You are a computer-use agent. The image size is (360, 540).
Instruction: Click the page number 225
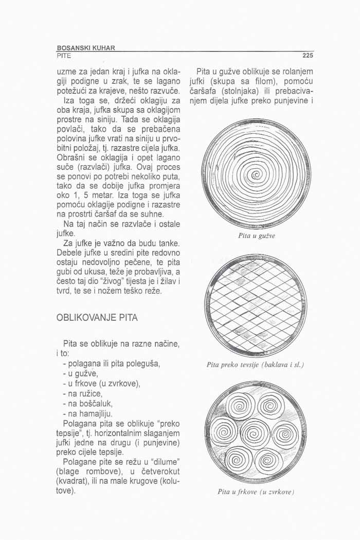pos(307,56)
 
